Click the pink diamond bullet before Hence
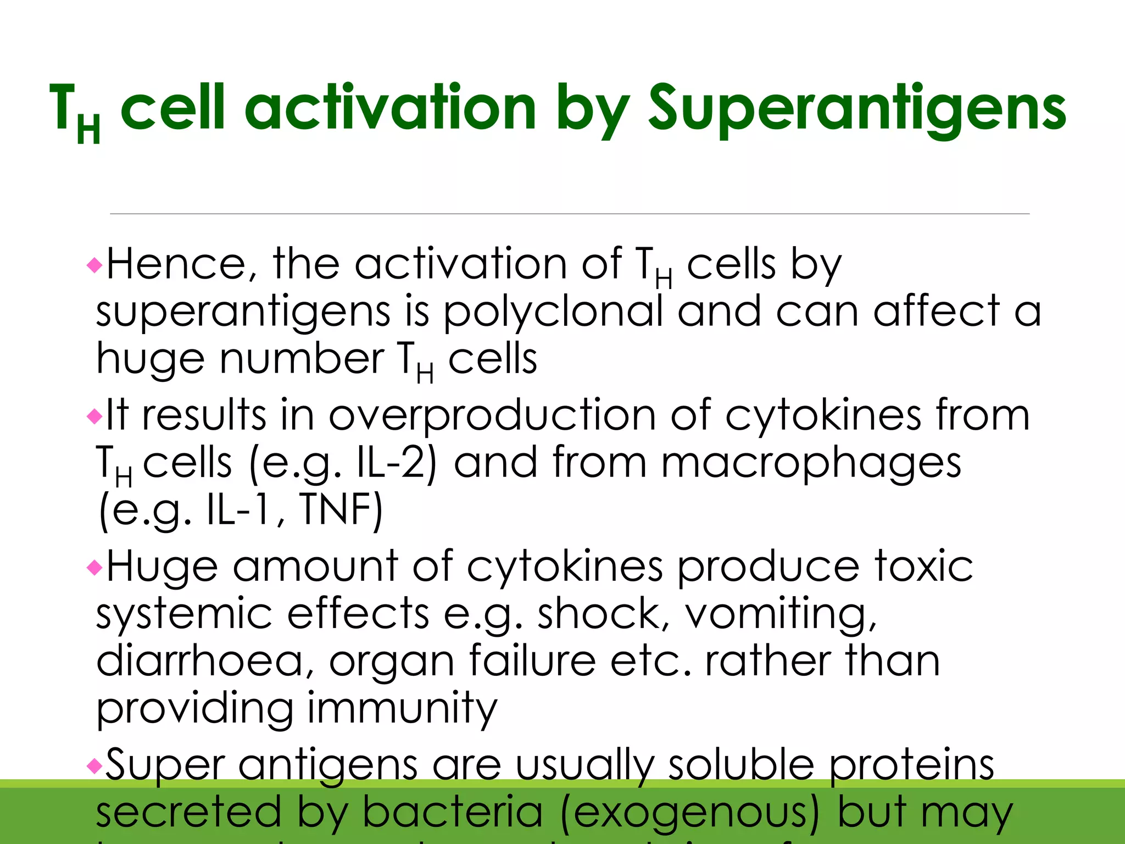tap(94, 266)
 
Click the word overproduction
tap(492, 415)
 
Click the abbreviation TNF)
tap(341, 510)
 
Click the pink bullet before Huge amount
tap(94, 567)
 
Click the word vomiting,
tap(781, 614)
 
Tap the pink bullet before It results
tap(94, 417)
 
